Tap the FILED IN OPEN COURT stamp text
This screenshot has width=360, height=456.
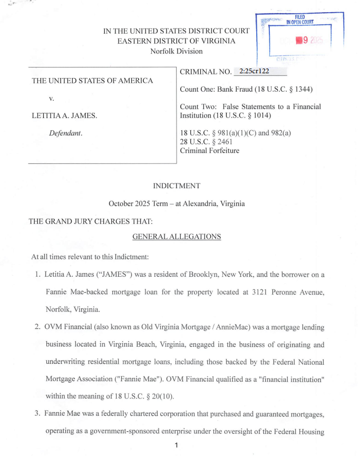click(300, 20)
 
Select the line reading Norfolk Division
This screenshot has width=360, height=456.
click(176, 51)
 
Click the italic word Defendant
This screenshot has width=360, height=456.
click(66, 133)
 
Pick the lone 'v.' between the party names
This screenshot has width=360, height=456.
click(52, 98)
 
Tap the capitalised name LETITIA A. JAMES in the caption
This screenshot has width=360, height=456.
click(65, 115)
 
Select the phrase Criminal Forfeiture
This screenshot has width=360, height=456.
click(209, 150)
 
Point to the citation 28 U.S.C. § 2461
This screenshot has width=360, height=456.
click(206, 142)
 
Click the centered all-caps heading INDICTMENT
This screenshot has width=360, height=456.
click(176, 186)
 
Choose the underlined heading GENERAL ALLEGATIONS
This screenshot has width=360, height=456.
click(176, 237)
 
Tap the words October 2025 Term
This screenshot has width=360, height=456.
click(141, 203)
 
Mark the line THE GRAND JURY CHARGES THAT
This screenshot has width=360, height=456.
click(91, 221)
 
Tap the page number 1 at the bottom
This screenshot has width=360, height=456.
click(176, 445)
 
